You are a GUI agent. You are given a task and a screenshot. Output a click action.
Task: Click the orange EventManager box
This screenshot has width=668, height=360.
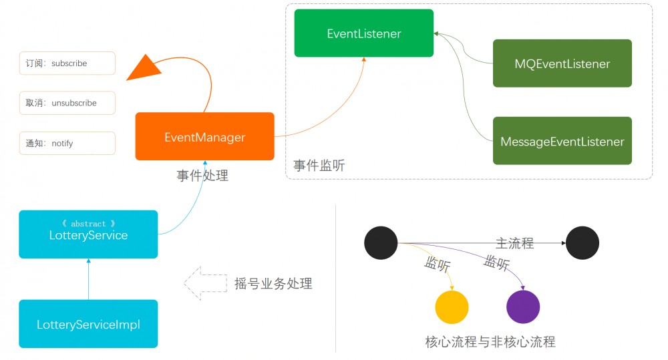(x=204, y=137)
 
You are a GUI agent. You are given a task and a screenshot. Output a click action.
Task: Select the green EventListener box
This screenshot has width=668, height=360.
(x=364, y=33)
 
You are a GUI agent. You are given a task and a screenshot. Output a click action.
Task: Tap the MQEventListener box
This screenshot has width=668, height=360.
(x=562, y=63)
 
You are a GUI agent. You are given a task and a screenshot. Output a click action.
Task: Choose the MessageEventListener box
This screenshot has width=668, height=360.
(x=562, y=141)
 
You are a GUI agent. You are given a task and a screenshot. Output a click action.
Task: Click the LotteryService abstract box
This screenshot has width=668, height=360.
(x=88, y=234)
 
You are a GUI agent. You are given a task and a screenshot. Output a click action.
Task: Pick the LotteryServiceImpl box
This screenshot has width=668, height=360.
(x=88, y=324)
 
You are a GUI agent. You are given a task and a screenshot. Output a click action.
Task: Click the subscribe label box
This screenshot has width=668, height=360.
(x=67, y=63)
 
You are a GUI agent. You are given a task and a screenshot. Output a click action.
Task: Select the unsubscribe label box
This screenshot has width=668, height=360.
(x=67, y=103)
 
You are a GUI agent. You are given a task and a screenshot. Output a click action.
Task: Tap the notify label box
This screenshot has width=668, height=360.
(x=67, y=143)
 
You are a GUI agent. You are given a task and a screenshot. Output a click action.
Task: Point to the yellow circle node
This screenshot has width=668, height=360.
(x=452, y=307)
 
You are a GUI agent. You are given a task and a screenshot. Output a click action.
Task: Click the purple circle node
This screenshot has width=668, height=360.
(x=523, y=307)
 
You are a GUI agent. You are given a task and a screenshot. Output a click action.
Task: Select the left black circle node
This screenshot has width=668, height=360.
(x=381, y=242)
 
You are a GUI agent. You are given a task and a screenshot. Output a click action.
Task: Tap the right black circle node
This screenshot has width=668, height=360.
(x=582, y=243)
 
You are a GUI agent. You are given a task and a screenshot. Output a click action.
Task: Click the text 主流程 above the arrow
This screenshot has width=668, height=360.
(x=514, y=243)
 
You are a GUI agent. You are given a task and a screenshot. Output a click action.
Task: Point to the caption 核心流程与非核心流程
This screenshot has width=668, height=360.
(x=490, y=342)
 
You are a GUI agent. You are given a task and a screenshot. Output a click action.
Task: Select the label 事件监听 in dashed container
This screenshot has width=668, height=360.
(x=319, y=165)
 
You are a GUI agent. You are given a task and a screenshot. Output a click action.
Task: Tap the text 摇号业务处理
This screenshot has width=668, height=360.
(x=273, y=283)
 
